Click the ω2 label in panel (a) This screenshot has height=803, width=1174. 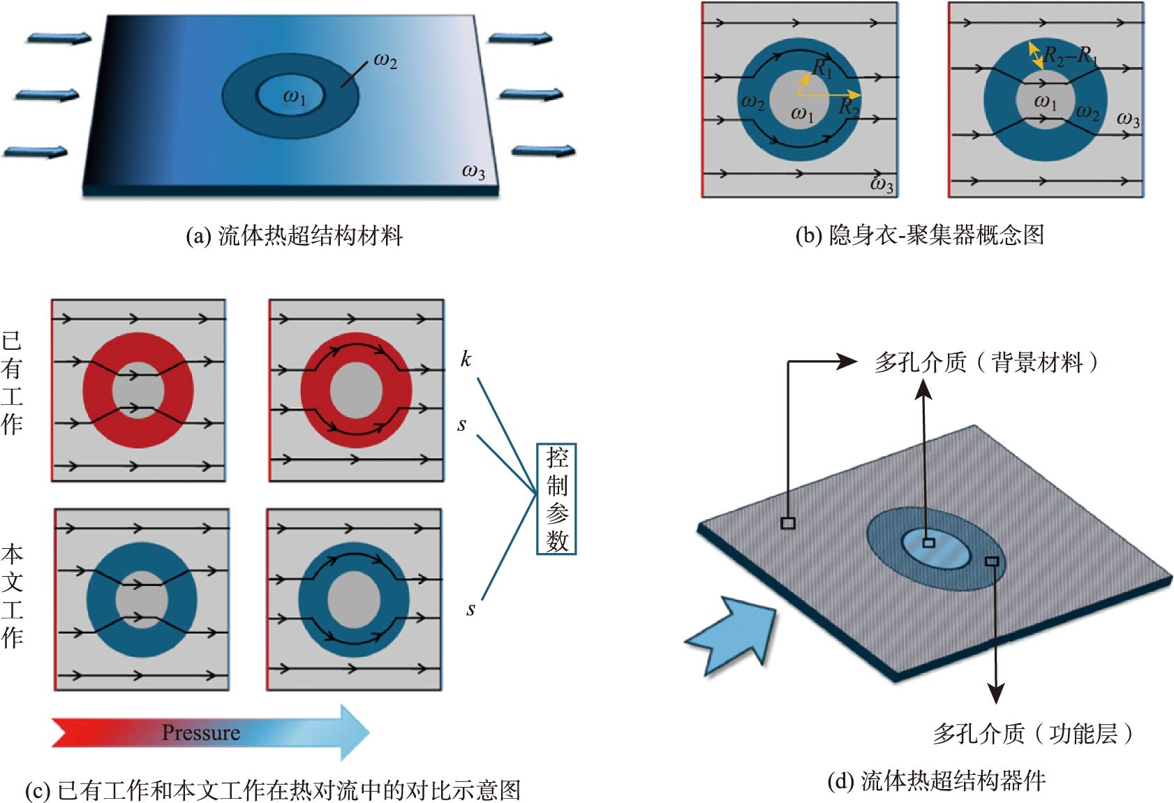(385, 61)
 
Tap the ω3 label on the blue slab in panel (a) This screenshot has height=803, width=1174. (473, 171)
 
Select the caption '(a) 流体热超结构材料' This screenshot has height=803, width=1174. (294, 236)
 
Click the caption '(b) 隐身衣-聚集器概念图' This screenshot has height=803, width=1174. (919, 235)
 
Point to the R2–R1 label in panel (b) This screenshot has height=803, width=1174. (1069, 54)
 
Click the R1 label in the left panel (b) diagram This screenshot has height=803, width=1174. (823, 68)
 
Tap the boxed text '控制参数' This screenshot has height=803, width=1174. (556, 499)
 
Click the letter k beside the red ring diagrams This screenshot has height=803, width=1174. (466, 359)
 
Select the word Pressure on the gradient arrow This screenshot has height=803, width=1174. (200, 732)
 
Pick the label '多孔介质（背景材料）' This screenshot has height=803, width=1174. (986, 362)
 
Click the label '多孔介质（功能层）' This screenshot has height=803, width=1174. (1033, 733)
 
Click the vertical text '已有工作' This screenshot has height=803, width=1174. (12, 383)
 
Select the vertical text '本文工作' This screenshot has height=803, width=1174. (12, 596)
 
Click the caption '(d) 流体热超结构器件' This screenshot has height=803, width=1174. (936, 781)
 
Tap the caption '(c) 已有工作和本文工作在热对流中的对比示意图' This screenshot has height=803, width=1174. (273, 790)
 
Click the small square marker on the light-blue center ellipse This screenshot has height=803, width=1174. (928, 543)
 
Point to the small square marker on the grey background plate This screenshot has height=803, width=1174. (788, 523)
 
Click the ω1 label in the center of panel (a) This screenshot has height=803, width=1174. (294, 97)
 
